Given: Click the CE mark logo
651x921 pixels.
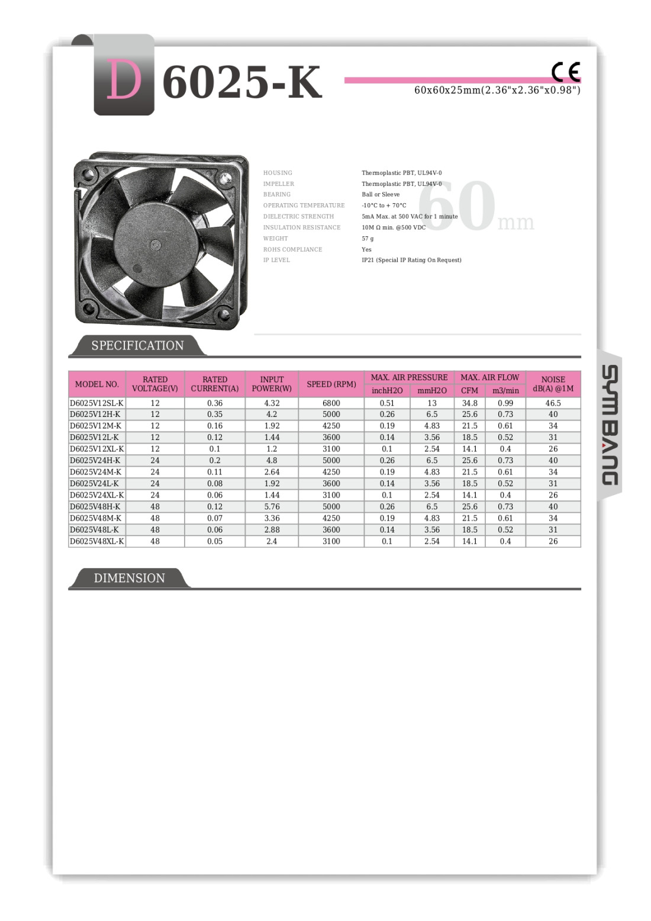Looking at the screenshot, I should click(566, 72).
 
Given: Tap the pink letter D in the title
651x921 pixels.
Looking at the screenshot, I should click(124, 81).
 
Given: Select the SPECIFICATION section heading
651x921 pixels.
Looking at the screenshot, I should click(137, 345).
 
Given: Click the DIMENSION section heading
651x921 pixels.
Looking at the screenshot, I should click(129, 578).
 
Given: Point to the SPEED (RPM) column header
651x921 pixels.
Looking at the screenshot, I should click(331, 384).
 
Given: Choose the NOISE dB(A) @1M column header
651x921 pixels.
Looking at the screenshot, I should click(553, 384).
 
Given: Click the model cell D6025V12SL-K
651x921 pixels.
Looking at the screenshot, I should click(97, 403).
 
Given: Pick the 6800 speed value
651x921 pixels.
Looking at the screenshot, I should click(331, 403).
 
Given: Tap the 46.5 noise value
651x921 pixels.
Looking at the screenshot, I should click(553, 403).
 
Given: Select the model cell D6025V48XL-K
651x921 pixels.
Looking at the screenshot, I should click(97, 541).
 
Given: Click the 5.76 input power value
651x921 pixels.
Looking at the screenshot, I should click(272, 506).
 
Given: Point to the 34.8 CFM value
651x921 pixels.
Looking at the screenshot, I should click(469, 403).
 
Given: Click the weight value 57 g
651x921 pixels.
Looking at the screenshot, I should click(368, 239).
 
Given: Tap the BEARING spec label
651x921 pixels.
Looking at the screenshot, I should click(277, 194).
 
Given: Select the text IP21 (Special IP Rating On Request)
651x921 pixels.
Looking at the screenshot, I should click(411, 260).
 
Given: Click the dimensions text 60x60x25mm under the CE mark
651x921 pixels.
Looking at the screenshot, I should click(497, 90).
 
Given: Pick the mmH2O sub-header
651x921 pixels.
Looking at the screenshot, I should click(432, 390).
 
